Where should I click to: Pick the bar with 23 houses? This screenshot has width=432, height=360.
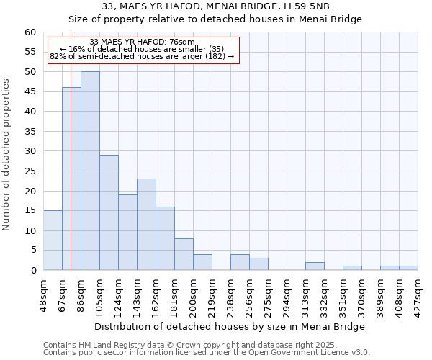(x=146, y=224)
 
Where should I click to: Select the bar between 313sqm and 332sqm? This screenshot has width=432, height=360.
(x=315, y=266)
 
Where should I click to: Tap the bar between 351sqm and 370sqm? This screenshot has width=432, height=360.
(x=352, y=268)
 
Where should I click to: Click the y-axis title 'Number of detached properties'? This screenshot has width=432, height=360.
(x=7, y=155)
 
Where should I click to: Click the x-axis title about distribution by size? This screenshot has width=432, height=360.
(x=230, y=326)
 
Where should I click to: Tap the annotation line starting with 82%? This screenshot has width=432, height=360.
(x=142, y=56)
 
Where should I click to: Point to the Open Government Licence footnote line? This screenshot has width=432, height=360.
(x=207, y=352)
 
